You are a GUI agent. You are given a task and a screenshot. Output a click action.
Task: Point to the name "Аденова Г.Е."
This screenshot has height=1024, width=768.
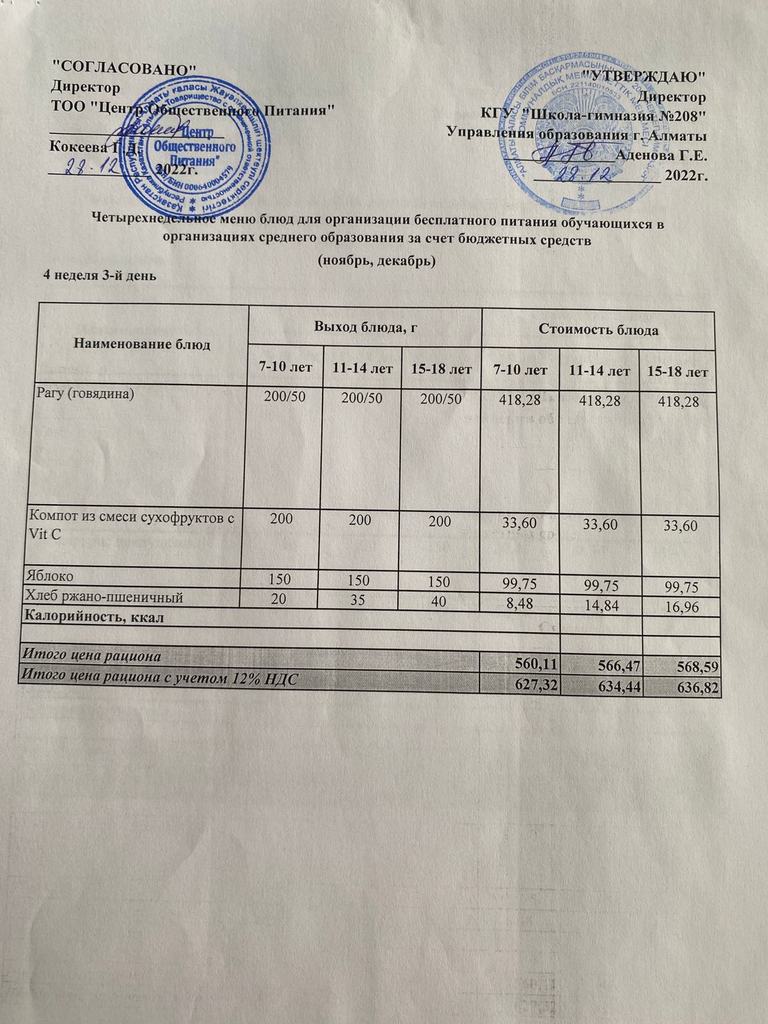pyautogui.click(x=660, y=155)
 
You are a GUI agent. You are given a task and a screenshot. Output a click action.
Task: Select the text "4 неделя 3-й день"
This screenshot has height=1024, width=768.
pyautogui.click(x=99, y=276)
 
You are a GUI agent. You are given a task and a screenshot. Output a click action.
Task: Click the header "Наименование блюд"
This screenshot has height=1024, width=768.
pyautogui.click(x=143, y=344)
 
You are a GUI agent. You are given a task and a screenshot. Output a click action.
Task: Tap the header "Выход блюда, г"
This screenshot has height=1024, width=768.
pyautogui.click(x=365, y=328)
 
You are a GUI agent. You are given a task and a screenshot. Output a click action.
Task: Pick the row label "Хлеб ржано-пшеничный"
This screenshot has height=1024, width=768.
pyautogui.click(x=103, y=597)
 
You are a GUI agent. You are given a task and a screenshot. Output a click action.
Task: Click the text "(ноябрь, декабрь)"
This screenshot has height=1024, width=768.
pyautogui.click(x=377, y=261)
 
